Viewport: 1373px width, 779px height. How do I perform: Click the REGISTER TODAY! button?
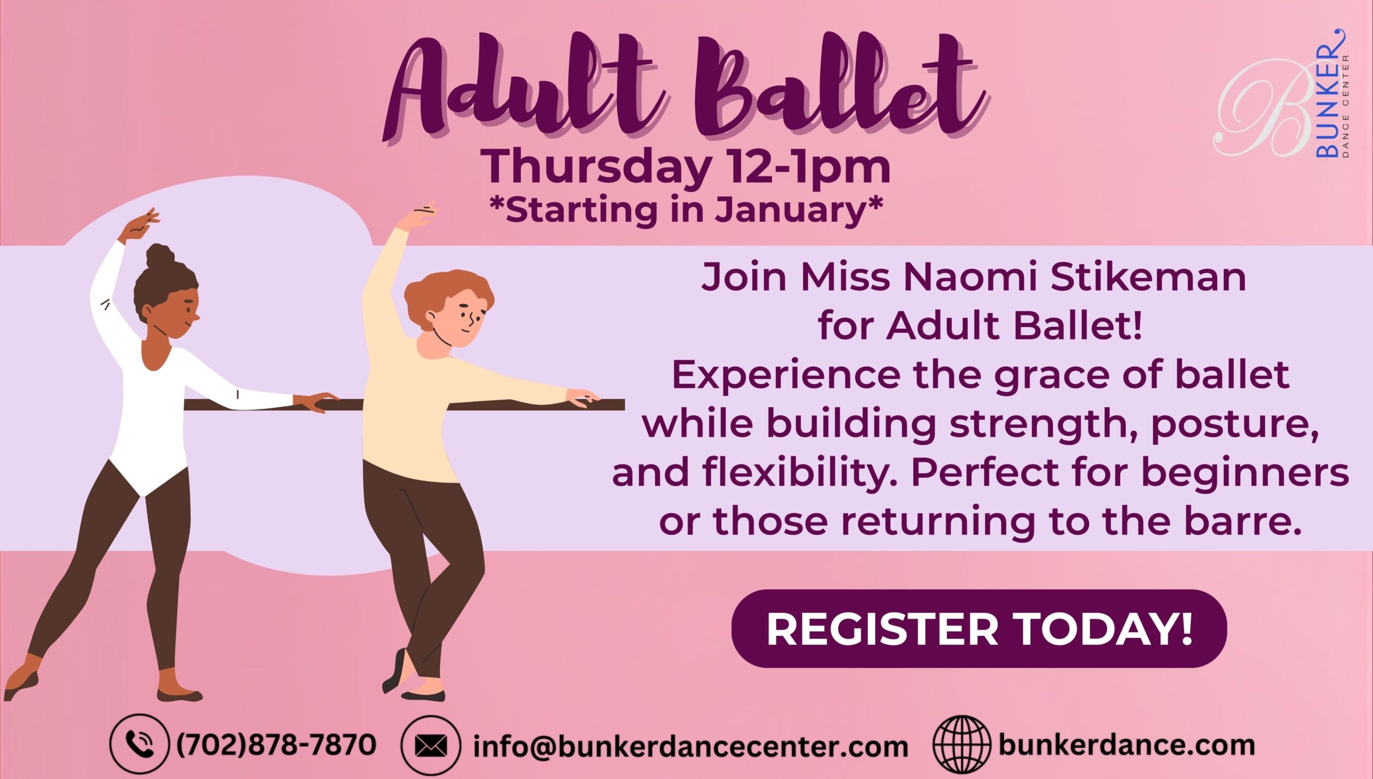[x=979, y=628]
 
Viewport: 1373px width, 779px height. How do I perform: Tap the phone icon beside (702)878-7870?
[x=139, y=744]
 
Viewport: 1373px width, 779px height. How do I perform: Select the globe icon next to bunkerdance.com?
[x=962, y=744]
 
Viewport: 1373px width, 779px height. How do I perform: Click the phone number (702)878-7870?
[x=276, y=744]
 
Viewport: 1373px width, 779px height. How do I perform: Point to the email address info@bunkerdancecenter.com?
[x=690, y=746]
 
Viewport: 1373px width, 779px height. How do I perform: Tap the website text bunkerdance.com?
[x=1126, y=745]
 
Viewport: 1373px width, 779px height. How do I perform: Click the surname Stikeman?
[x=1148, y=277]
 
